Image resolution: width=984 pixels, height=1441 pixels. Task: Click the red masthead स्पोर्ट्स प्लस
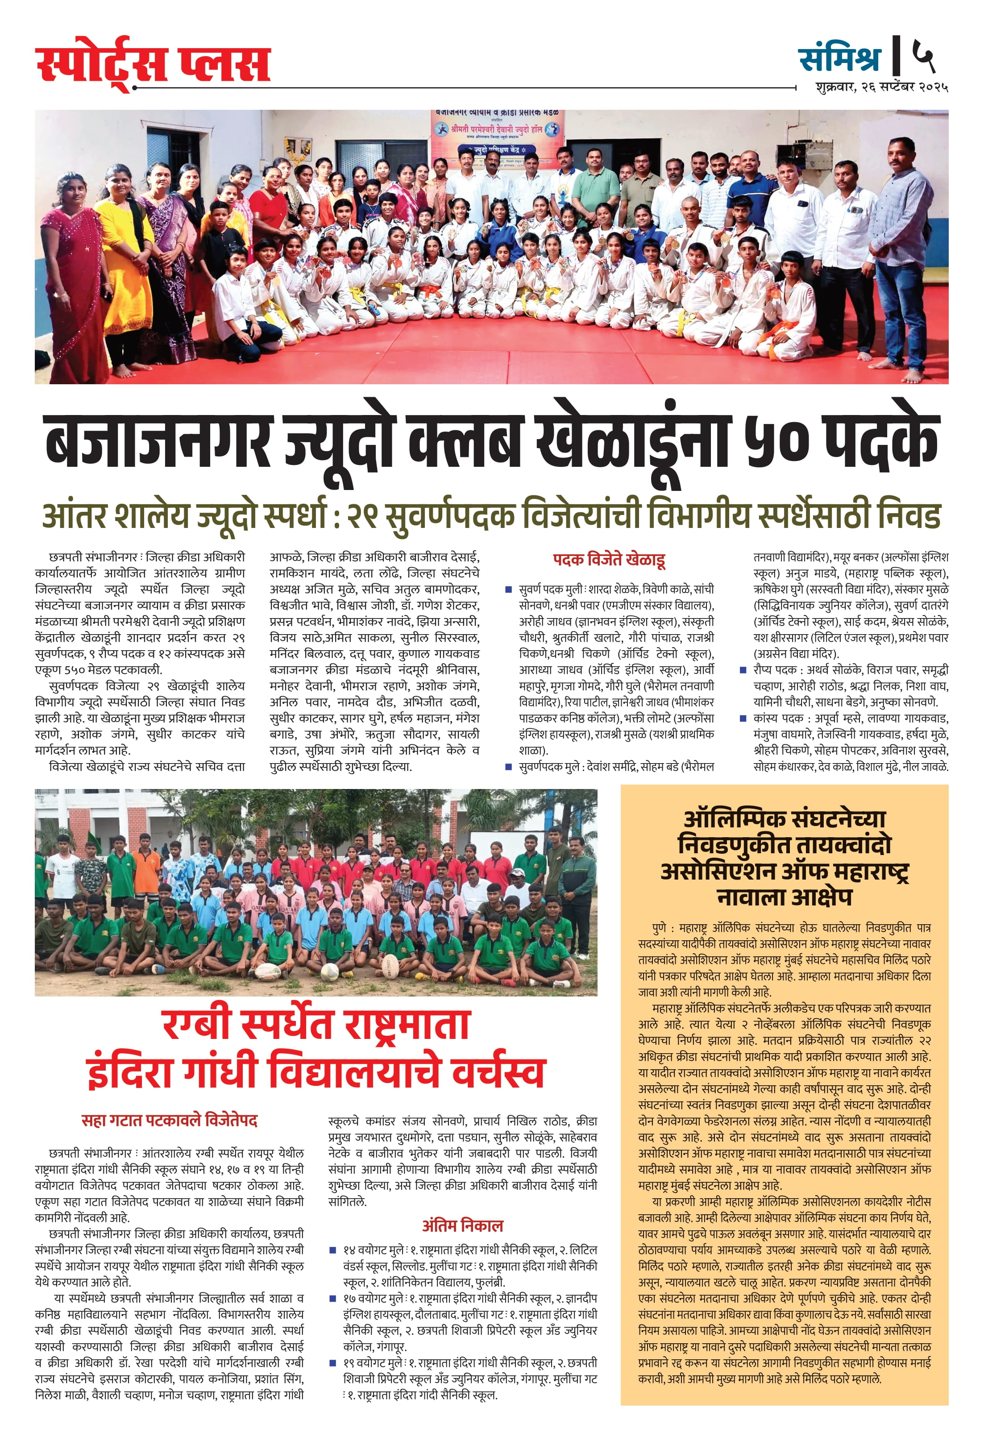153,65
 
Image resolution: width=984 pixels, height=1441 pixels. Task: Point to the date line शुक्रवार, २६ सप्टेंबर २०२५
873,87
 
